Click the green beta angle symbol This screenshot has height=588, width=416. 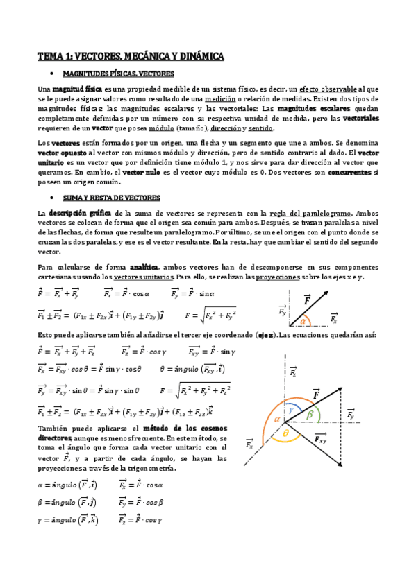(310, 414)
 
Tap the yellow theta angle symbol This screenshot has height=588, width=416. (285, 433)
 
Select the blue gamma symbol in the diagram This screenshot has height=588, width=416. (291, 410)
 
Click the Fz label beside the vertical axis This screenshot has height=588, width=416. (293, 372)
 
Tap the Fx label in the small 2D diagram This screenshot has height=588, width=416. (334, 319)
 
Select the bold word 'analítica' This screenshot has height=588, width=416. (145, 267)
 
